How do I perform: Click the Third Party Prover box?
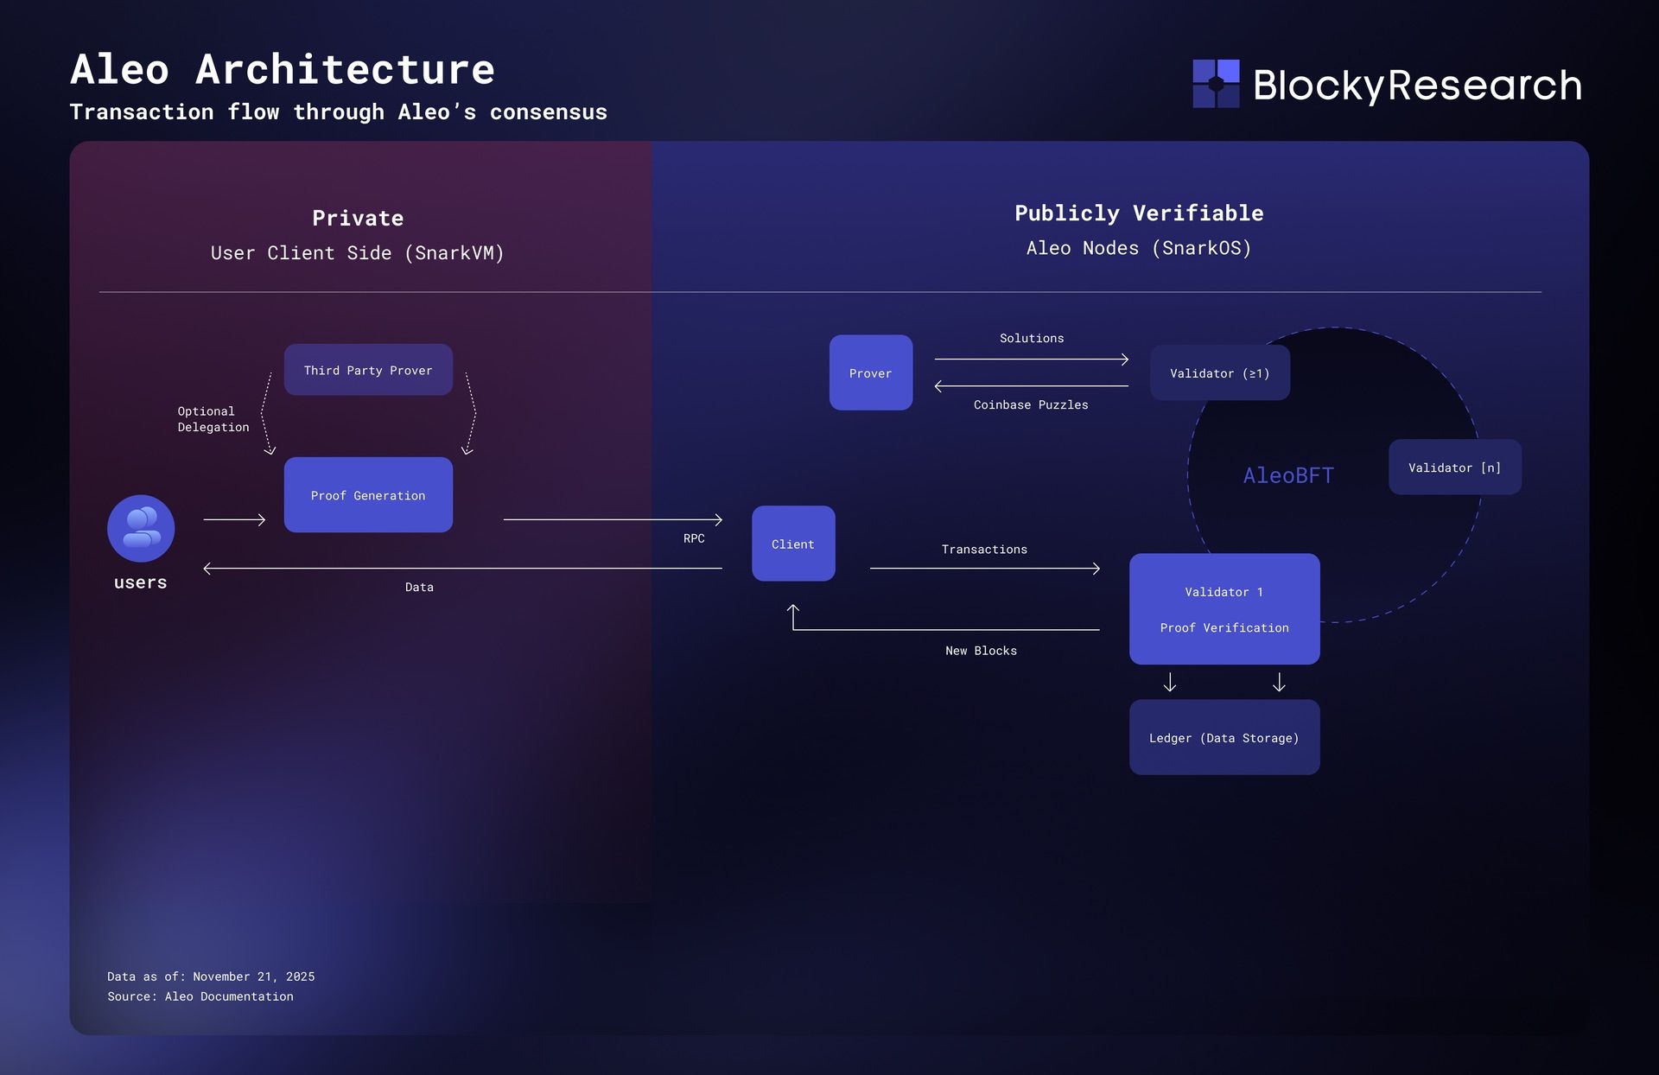tap(368, 370)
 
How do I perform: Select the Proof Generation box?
tap(368, 495)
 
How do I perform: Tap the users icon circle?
tap(141, 528)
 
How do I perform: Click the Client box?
tap(793, 544)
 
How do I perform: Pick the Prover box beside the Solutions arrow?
tap(870, 372)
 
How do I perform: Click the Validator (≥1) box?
tap(1219, 373)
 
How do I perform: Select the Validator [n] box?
tap(1454, 468)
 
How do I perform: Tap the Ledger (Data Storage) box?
tap(1224, 737)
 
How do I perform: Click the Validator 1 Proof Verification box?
tap(1224, 609)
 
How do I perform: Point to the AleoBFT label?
tap(1288, 475)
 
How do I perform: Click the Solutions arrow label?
tap(1032, 338)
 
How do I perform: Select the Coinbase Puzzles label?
tap(1031, 404)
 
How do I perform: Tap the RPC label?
tap(694, 538)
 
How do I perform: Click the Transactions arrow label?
tap(984, 550)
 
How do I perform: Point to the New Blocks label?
tap(981, 651)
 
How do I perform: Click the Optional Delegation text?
tap(213, 419)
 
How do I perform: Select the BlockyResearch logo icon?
tap(1216, 84)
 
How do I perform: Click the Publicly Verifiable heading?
tap(1139, 213)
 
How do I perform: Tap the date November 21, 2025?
tap(253, 976)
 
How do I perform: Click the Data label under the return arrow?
tap(419, 587)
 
